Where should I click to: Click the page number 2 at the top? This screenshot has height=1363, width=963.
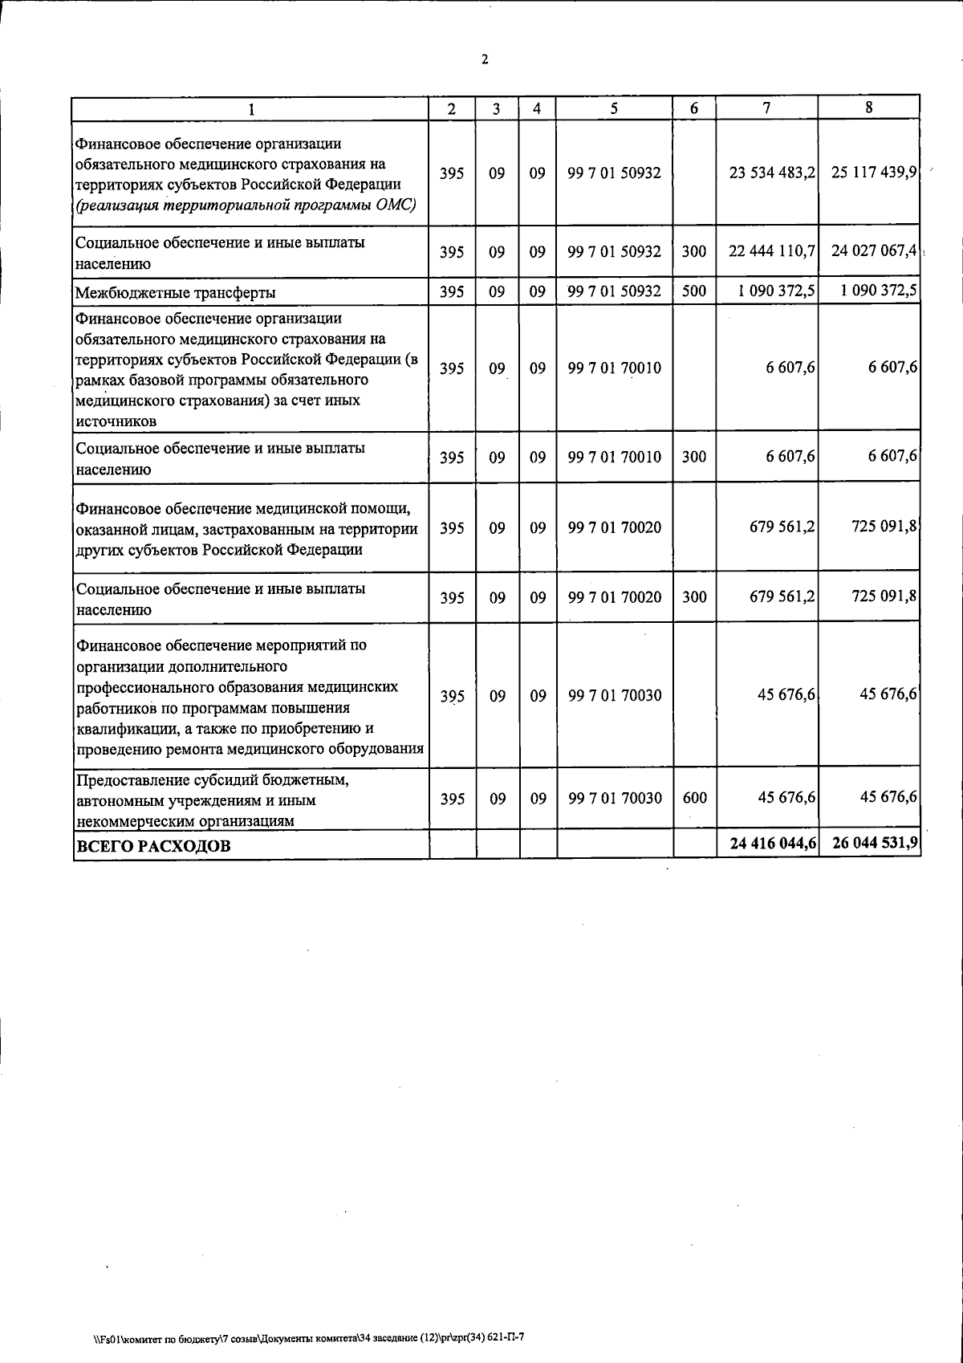point(484,59)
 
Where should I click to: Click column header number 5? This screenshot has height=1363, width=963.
point(614,109)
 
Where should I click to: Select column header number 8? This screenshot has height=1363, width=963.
point(869,108)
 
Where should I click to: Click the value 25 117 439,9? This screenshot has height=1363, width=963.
point(874,173)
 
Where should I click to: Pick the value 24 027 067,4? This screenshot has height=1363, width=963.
point(874,250)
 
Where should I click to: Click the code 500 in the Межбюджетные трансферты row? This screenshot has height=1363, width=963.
point(693,291)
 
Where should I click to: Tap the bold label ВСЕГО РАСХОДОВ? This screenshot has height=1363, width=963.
point(152,845)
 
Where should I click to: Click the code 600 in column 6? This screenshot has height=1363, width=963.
point(693,798)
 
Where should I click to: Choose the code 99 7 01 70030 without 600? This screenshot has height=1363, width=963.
point(614,695)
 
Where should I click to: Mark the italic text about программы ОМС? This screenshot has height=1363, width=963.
point(245,205)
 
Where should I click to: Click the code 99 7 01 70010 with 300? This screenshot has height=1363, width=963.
point(614,458)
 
